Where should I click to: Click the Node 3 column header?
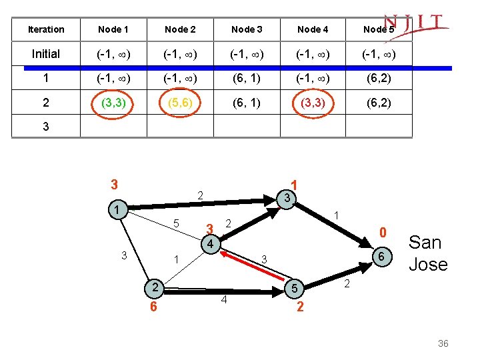246,29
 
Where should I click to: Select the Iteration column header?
46,29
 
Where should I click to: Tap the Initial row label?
46,54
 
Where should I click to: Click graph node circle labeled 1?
117,209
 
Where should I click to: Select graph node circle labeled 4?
209,244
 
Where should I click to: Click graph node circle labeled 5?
293,289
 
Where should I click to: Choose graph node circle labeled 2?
154,287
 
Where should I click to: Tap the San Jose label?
427,253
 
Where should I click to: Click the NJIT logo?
415,25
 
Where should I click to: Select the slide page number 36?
443,343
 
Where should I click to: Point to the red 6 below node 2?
153,307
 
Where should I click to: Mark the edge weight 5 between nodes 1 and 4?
176,221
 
